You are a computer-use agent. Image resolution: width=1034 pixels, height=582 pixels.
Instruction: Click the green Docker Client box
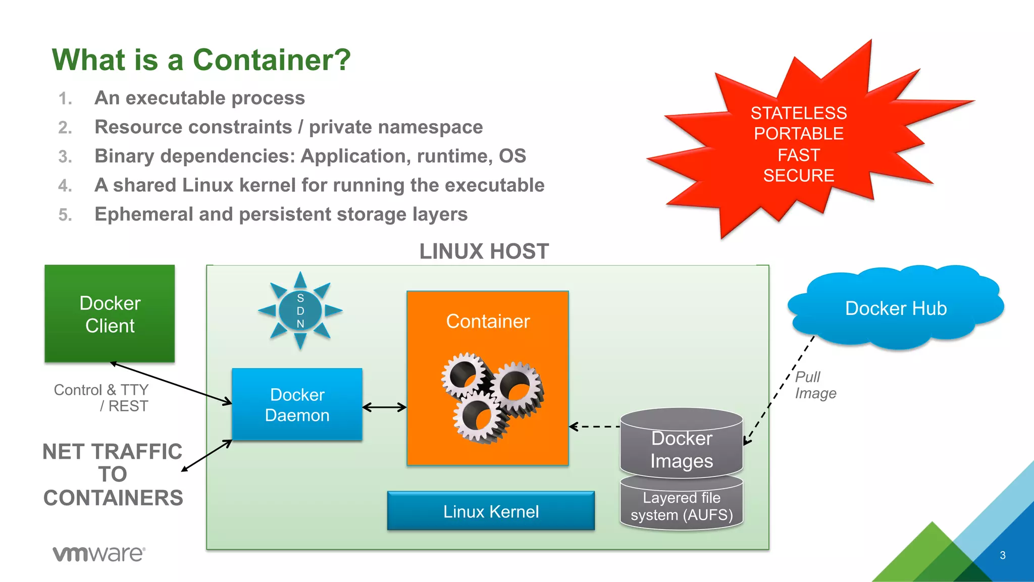click(110, 313)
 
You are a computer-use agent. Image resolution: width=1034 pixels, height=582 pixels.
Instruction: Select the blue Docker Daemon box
click(297, 404)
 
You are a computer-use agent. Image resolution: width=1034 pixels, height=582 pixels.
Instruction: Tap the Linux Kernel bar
click(491, 511)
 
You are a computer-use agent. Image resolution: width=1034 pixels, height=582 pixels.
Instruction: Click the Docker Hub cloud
click(896, 308)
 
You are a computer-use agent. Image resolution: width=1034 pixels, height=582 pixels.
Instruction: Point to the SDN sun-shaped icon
click(300, 310)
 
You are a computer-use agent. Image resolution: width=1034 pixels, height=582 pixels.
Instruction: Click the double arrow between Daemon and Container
click(384, 407)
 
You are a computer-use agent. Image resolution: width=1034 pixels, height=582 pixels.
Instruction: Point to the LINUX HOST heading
click(484, 251)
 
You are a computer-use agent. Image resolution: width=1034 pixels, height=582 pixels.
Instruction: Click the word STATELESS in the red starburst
click(798, 113)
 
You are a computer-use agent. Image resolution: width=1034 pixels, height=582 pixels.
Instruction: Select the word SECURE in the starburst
click(798, 176)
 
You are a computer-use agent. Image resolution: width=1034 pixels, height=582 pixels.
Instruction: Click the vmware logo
click(99, 554)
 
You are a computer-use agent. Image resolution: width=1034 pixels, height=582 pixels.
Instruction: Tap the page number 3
click(1002, 555)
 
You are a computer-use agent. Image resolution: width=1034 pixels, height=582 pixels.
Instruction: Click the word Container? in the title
click(272, 60)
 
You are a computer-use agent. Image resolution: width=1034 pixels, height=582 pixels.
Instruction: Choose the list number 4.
click(65, 186)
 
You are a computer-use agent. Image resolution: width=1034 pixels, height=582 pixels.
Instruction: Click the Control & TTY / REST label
click(101, 398)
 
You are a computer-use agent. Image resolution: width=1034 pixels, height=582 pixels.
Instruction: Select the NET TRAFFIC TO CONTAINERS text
click(113, 474)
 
